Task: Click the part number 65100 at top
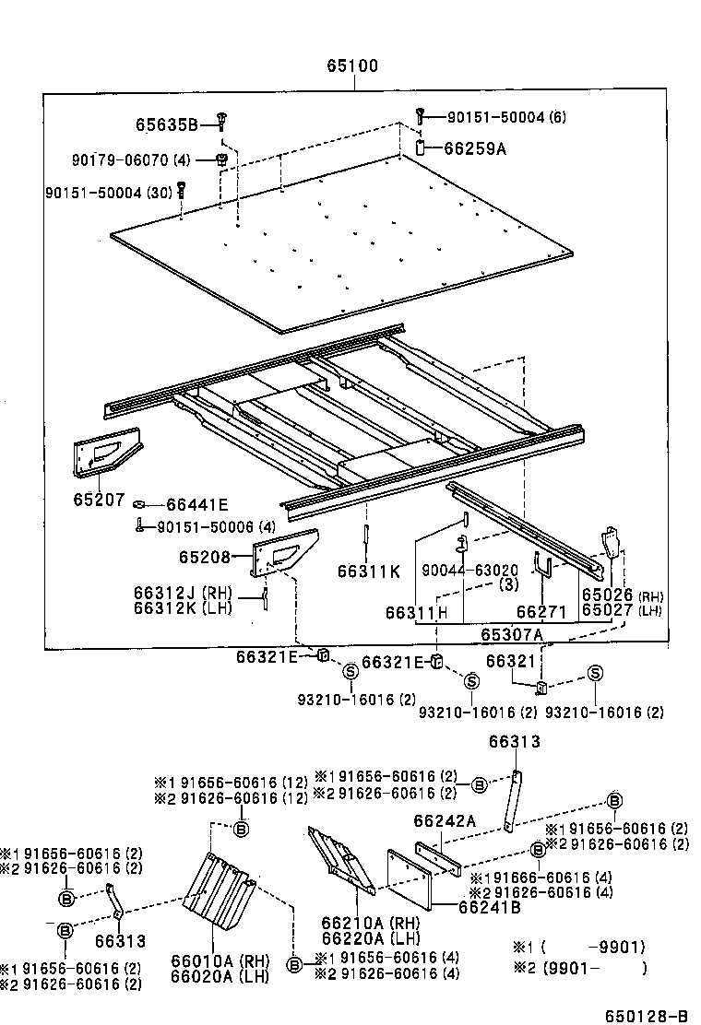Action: click(x=351, y=67)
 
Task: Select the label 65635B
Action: click(x=166, y=124)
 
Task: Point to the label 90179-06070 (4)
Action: click(x=130, y=159)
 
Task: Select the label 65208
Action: click(x=207, y=558)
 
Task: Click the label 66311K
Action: click(x=369, y=571)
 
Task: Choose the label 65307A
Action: click(x=511, y=634)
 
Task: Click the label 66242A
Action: click(x=444, y=821)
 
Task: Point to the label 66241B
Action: click(x=489, y=906)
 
